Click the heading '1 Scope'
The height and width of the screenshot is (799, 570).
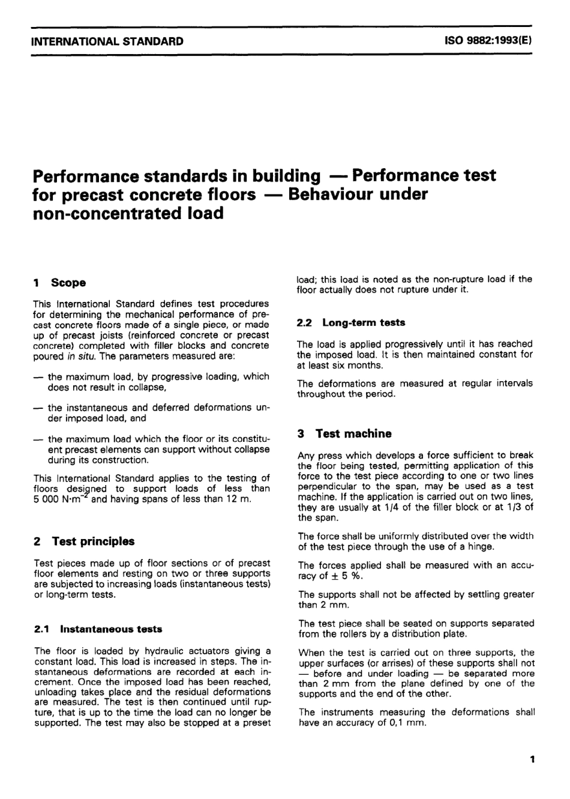59,282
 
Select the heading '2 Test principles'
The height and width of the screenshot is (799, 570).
84,541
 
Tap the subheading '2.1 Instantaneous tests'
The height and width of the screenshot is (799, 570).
98,629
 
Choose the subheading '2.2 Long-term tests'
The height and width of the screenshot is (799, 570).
351,322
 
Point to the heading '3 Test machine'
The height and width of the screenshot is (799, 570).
344,433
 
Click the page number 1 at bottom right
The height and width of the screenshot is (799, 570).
532,760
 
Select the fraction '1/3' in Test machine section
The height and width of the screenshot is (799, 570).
512,507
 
